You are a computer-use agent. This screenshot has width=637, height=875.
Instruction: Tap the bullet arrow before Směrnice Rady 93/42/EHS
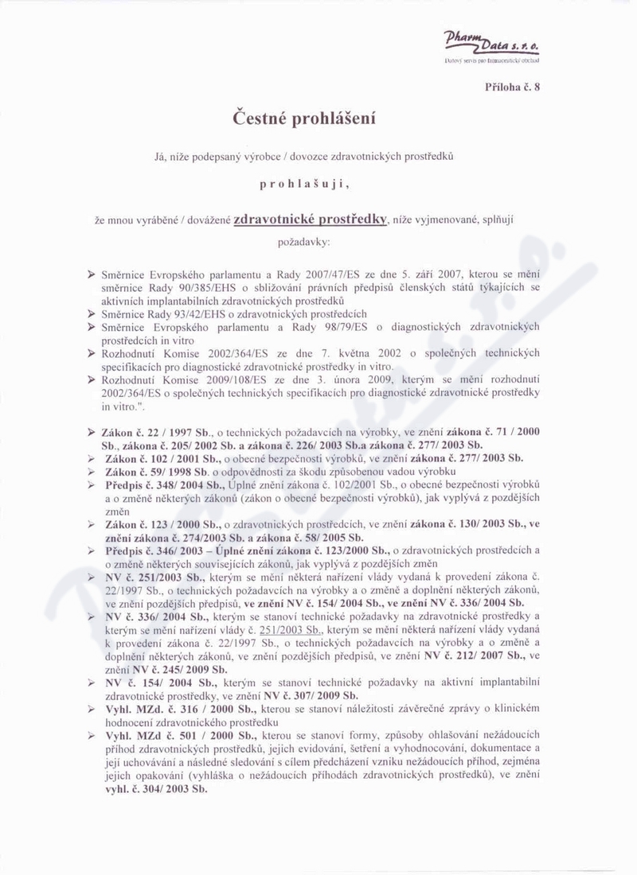tap(92, 314)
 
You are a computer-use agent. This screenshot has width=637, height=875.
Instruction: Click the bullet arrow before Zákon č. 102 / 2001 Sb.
tap(92, 458)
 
